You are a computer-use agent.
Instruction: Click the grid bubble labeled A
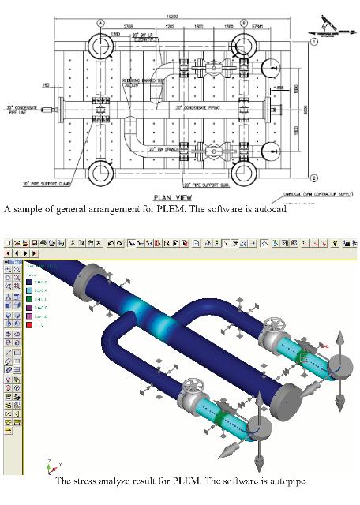(x=100, y=24)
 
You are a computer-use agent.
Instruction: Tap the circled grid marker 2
(x=313, y=177)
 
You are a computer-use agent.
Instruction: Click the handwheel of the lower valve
(x=193, y=387)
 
